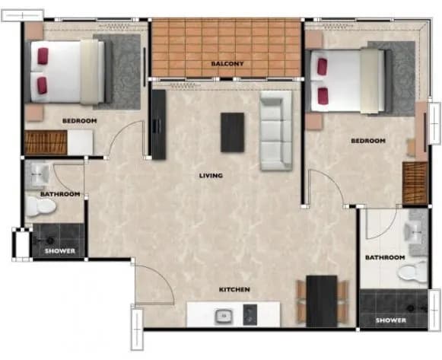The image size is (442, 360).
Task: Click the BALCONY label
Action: click(x=227, y=64)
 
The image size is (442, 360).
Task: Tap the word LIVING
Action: click(x=211, y=176)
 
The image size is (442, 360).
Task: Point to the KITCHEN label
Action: click(x=234, y=289)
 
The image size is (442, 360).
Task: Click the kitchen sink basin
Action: click(x=224, y=316)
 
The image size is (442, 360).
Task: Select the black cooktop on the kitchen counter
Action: click(x=250, y=314)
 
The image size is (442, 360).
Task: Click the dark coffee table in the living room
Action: click(x=232, y=132)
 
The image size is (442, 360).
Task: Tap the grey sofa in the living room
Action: click(x=276, y=130)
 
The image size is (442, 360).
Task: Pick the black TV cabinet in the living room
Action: click(x=159, y=125)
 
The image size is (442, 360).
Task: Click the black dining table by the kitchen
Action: click(x=322, y=301)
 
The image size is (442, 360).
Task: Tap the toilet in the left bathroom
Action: click(x=41, y=206)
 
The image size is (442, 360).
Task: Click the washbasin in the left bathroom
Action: click(x=40, y=175)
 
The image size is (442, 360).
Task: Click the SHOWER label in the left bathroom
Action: click(x=60, y=251)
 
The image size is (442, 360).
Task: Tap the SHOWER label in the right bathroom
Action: click(x=391, y=320)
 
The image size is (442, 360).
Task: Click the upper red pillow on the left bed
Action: click(x=43, y=56)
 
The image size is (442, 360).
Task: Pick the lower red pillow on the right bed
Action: click(x=323, y=96)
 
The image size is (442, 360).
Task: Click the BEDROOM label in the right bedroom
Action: click(x=368, y=141)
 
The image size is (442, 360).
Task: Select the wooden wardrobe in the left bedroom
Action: click(x=46, y=142)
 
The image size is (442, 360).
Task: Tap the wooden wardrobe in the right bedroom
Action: click(x=415, y=183)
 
